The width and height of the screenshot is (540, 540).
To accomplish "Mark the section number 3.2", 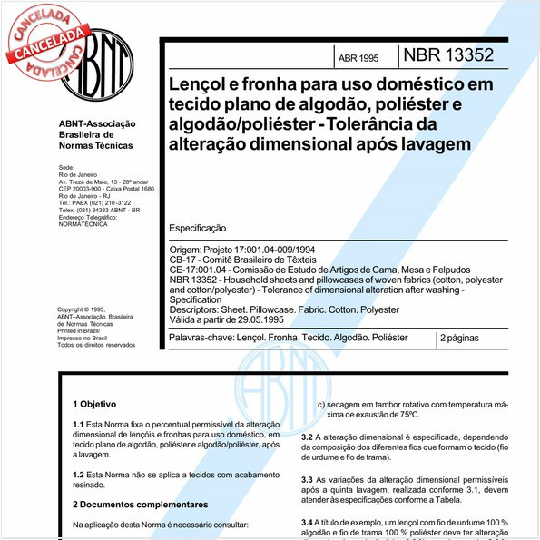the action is (x=308, y=437).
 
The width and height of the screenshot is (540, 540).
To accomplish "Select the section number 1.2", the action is (x=79, y=475).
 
